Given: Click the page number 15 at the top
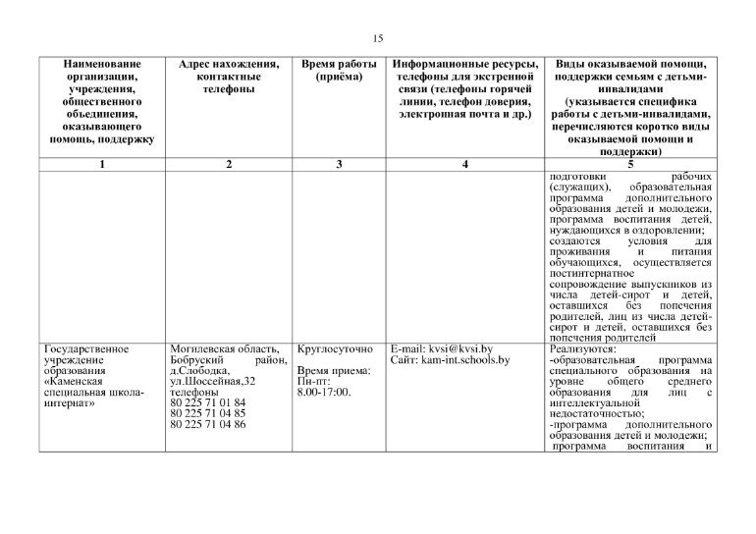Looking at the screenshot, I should coord(378,38).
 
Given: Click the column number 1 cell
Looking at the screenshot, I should coord(102,164).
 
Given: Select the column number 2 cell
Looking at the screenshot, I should coord(228,164).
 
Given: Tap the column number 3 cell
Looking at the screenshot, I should coord(338,164).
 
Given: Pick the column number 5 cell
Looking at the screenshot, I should coord(631,164).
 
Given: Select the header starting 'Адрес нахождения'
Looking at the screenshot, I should coord(228,77).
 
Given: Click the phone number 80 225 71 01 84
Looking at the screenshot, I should coord(207,402).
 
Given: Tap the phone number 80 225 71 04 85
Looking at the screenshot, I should coord(207,413).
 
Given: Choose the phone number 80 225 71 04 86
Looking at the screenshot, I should coord(207,424).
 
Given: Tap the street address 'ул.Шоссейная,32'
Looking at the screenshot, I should coord(213,381).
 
